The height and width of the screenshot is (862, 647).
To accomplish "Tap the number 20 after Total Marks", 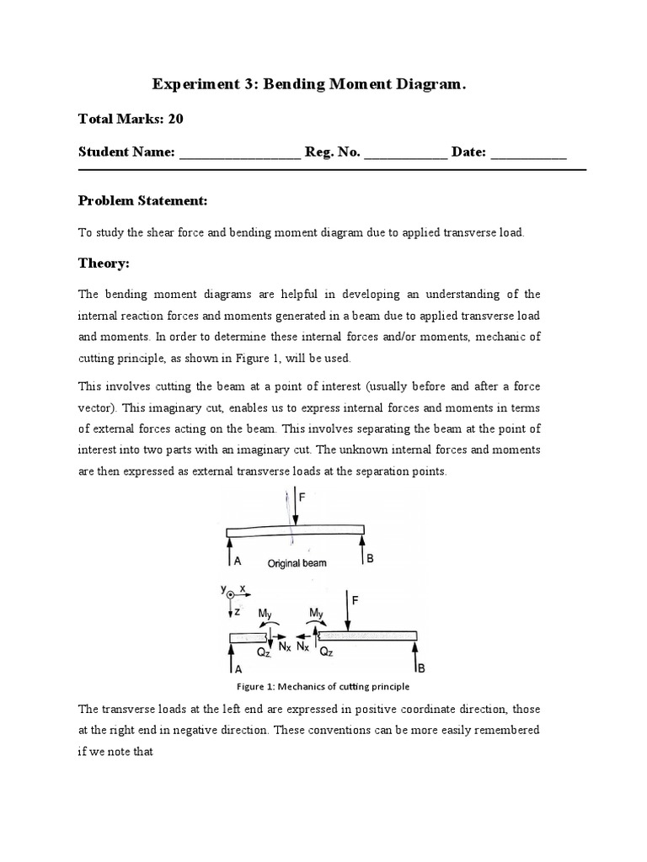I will pyautogui.click(x=175, y=119).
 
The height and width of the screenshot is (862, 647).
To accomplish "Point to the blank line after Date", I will pyautogui.click(x=528, y=154).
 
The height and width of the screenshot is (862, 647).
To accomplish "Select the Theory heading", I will pyautogui.click(x=104, y=263).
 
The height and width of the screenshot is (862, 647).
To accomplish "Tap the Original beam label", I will pyautogui.click(x=297, y=563).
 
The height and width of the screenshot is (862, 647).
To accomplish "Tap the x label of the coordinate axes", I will pyautogui.click(x=243, y=588).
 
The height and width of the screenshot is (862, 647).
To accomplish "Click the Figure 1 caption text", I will pyautogui.click(x=323, y=686).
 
